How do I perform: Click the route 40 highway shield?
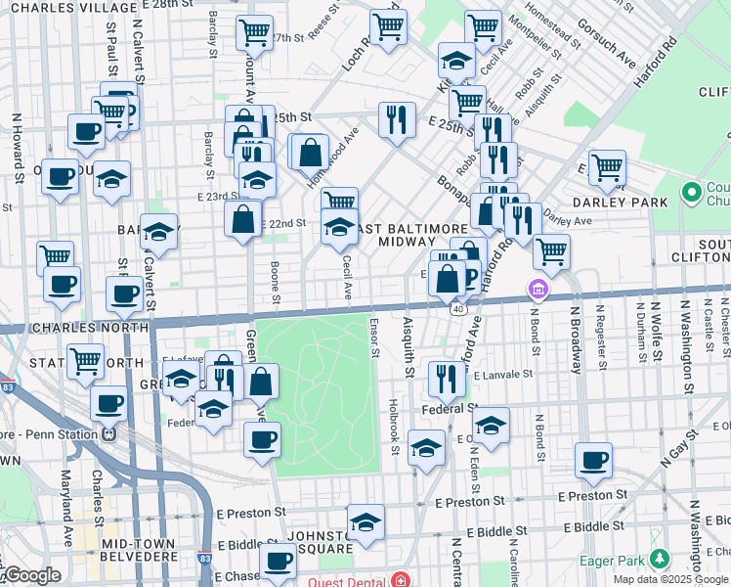point(457,308)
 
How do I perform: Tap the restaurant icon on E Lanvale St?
point(446,379)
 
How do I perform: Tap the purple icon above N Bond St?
point(537,289)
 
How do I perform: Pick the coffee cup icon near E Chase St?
point(279,563)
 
